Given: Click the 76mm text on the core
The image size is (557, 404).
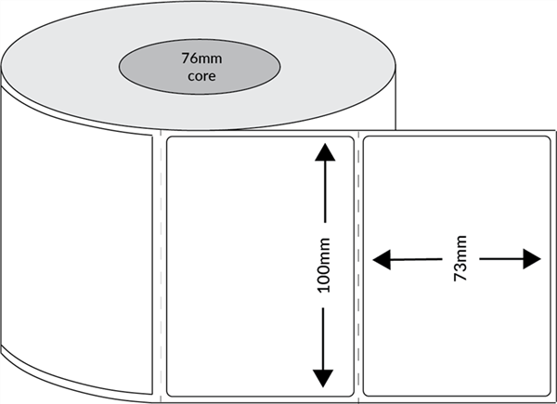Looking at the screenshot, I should [x=199, y=57].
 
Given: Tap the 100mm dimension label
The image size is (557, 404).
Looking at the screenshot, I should [x=323, y=265].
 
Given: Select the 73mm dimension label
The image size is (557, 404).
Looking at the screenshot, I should [x=461, y=259].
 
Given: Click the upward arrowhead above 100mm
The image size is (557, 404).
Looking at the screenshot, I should [x=323, y=151].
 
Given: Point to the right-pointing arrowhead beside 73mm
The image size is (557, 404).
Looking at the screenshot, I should [x=532, y=259].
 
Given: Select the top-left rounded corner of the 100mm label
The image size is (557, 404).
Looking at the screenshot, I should [x=170, y=140].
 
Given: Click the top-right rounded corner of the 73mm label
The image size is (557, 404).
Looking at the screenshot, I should [x=546, y=140].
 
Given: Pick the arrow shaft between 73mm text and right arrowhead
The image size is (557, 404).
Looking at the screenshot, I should [x=501, y=259].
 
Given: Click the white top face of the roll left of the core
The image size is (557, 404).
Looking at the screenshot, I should [x=65, y=65].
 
